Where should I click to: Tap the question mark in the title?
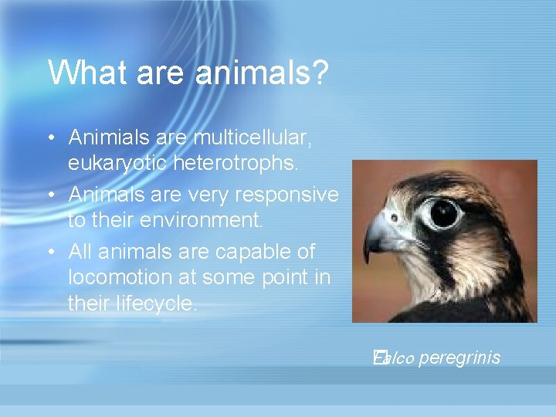coord(320,73)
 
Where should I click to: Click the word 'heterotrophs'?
coord(244,164)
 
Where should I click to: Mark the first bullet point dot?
coord(49,138)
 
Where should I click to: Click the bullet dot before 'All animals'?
coord(49,252)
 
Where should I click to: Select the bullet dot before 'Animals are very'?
coord(49,195)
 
